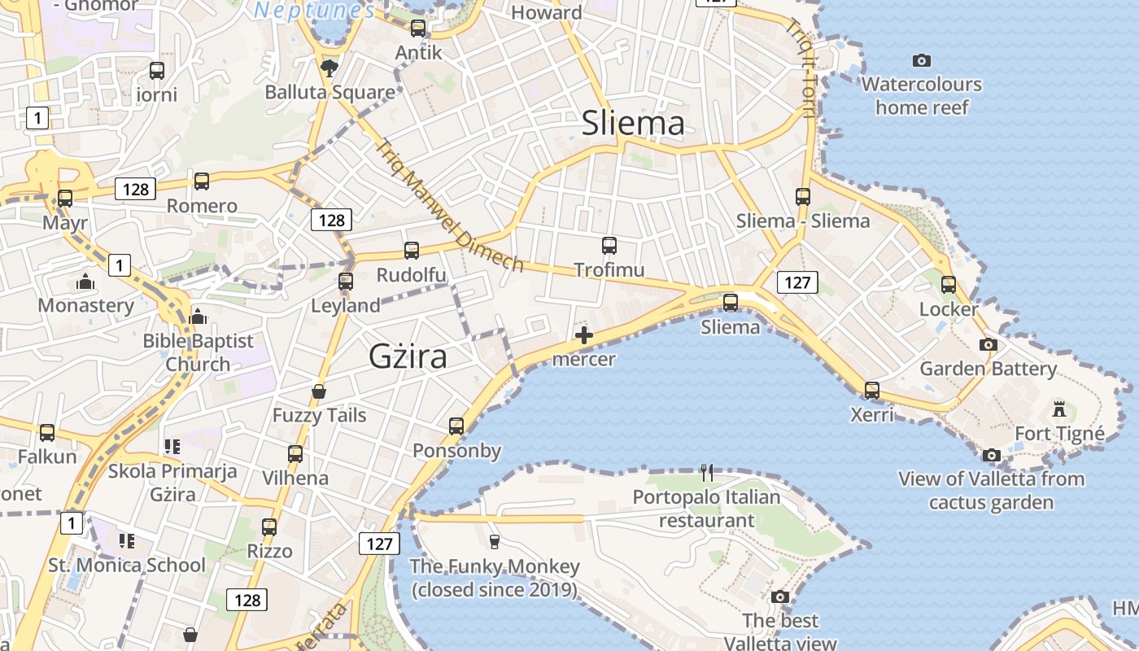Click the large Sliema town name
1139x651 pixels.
(633, 123)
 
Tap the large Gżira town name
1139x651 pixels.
(408, 356)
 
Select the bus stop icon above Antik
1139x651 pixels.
(418, 28)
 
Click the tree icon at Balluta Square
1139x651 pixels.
(329, 67)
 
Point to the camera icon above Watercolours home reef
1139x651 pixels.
(921, 60)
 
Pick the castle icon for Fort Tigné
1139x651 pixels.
(1059, 408)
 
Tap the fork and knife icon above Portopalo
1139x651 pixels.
(707, 472)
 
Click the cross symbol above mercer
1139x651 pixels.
(583, 334)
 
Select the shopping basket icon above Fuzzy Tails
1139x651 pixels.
(319, 391)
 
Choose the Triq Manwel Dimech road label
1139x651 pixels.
(449, 205)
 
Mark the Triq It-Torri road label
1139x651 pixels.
(799, 68)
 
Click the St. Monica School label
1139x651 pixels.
(127, 565)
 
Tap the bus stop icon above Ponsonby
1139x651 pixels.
(456, 426)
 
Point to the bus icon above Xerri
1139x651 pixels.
(872, 391)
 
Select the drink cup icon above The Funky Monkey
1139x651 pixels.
(494, 541)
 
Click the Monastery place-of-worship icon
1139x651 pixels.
(85, 282)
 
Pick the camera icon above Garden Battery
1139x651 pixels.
(988, 345)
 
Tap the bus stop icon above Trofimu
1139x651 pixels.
(609, 245)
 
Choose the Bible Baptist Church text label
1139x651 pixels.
(199, 352)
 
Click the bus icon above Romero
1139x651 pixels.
(202, 181)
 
